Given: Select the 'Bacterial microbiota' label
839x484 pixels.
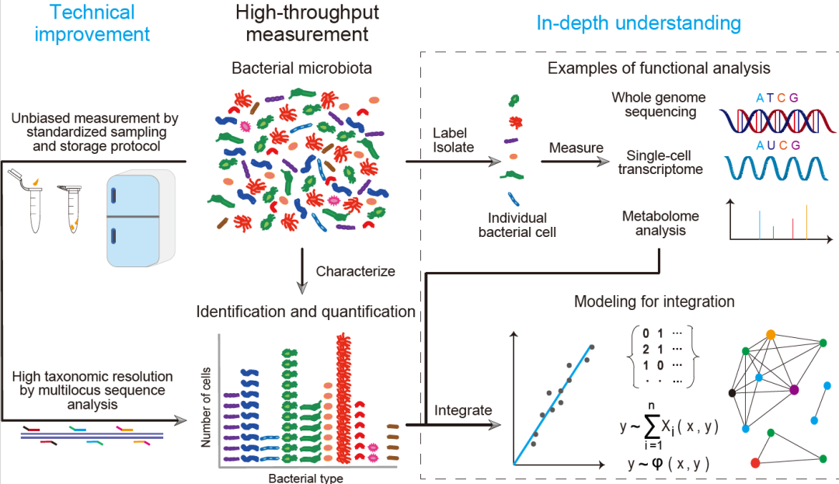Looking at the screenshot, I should coord(301,68).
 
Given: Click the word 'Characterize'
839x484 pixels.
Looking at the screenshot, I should coord(356,272).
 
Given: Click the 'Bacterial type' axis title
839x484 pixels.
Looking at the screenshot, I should coord(305,478).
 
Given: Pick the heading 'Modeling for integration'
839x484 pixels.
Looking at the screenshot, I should coord(654,301).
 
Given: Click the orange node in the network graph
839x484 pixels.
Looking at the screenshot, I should coord(771,334).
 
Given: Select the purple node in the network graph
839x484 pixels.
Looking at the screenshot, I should coord(794,389).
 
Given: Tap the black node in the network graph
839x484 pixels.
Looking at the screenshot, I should coord(732,393).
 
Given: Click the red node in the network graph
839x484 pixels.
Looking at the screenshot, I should coord(754,464).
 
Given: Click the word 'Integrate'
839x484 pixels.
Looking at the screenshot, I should coord(463,409).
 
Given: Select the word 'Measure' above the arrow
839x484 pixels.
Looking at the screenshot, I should coord(576,148).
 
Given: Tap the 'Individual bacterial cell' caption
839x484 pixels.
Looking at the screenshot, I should coord(513,225).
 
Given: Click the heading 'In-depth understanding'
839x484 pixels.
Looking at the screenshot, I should coord(639,23).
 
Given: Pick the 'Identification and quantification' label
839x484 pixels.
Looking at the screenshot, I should coord(305,312).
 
